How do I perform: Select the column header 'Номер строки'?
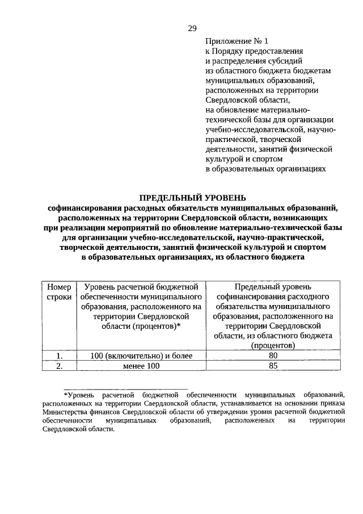point(59,292)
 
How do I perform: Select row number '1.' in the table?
point(59,356)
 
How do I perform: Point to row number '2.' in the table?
point(59,366)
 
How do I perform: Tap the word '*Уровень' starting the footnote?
point(78,394)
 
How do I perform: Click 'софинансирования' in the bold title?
point(83,208)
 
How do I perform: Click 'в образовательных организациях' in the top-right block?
point(265,168)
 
